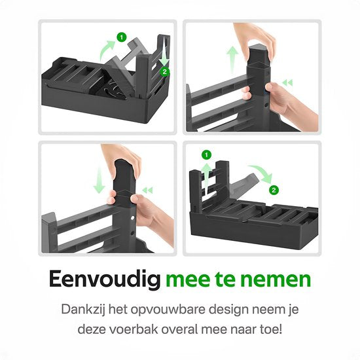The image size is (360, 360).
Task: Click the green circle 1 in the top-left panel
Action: click(121, 37)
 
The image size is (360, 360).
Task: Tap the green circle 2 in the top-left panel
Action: click(165, 71)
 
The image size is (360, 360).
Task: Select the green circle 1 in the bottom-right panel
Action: click(206, 155)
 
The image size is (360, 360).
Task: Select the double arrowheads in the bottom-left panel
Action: click(148, 190)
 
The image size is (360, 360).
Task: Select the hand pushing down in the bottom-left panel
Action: click(121, 157)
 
